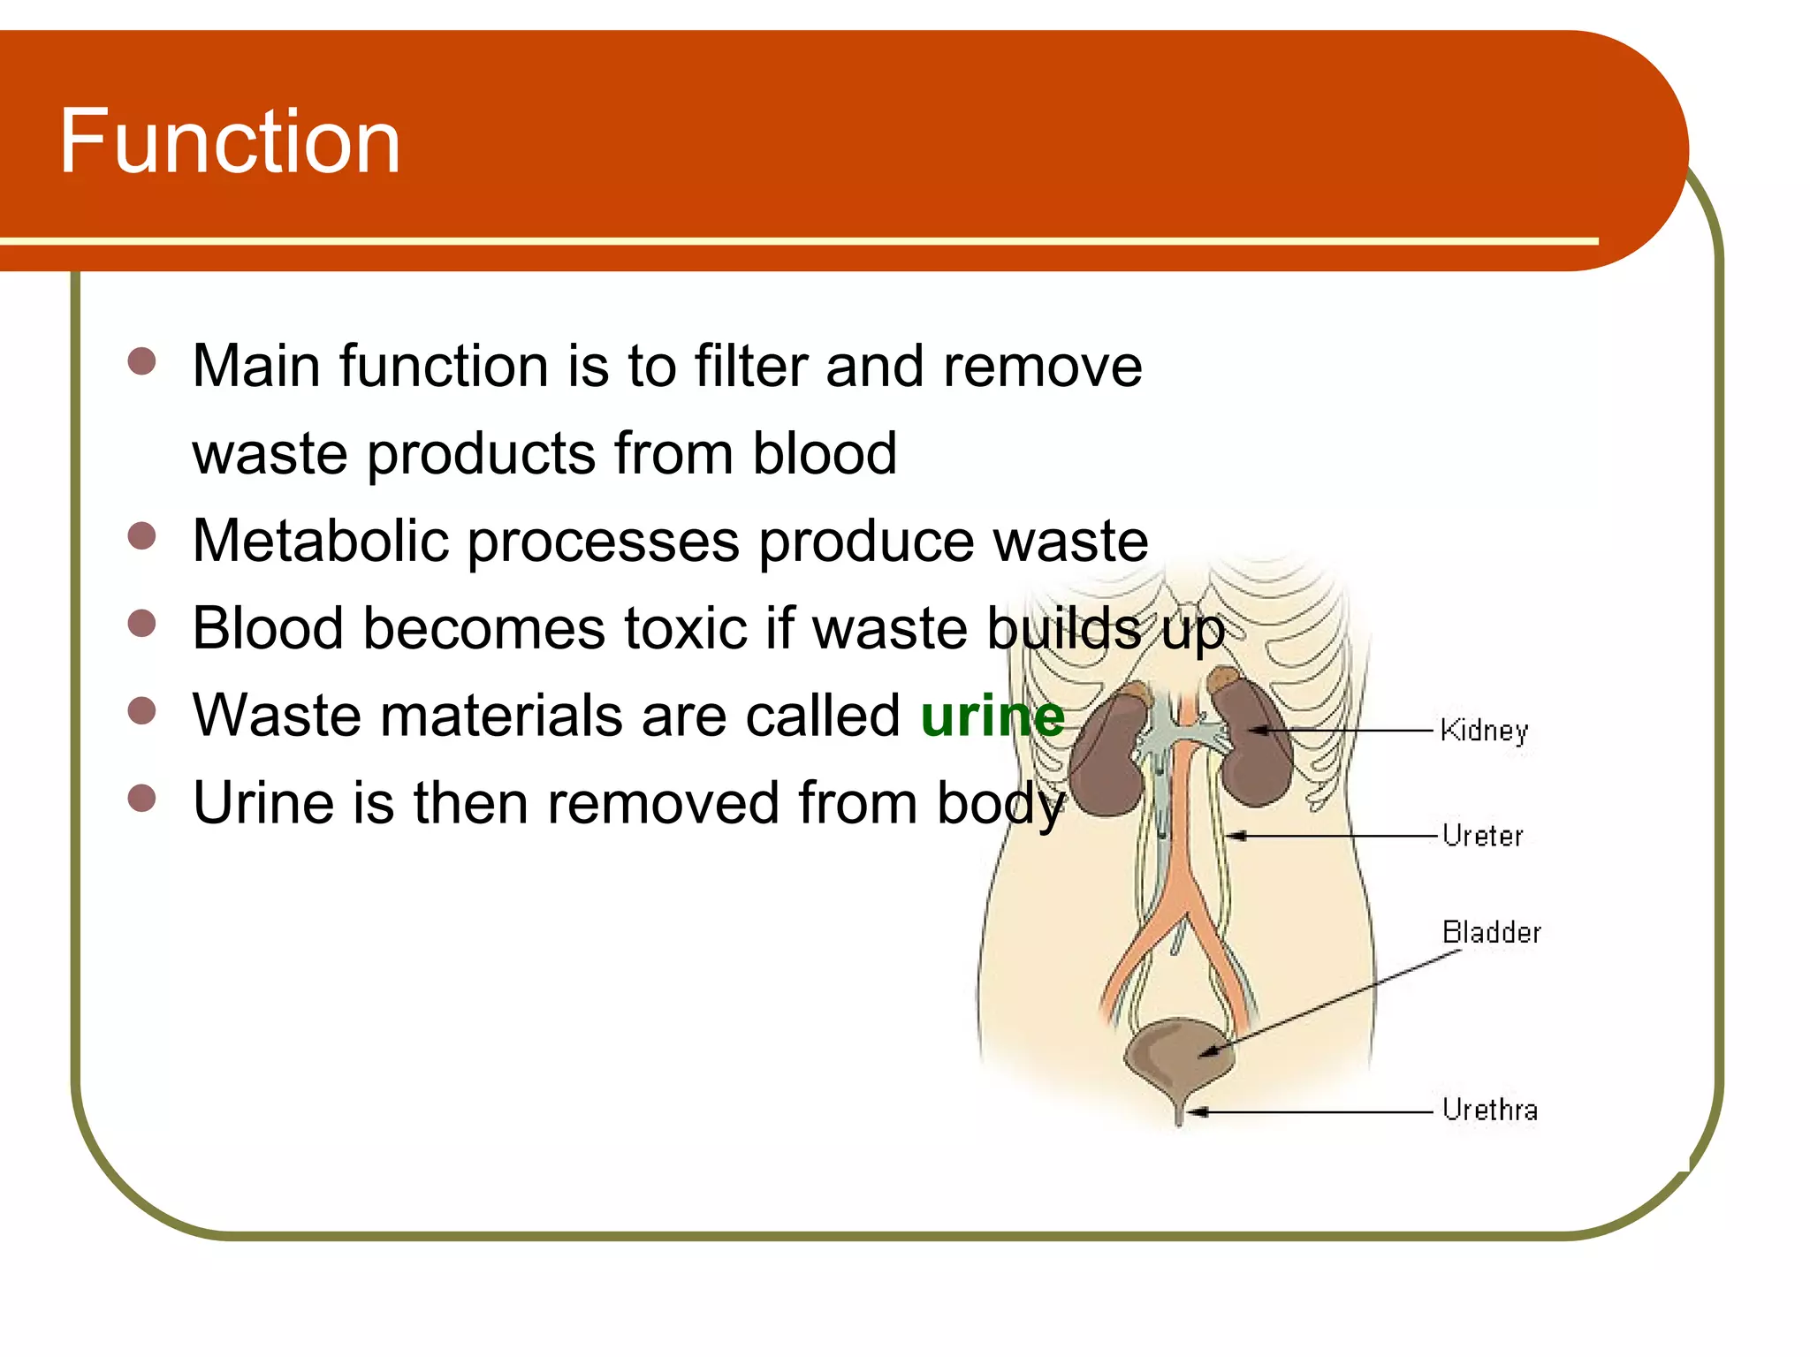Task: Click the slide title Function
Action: pos(230,141)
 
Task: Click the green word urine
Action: pos(992,716)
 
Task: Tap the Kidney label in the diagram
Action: pos(1484,731)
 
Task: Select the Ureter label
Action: pos(1482,836)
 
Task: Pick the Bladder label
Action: pos(1491,933)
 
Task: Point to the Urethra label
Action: pos(1489,1110)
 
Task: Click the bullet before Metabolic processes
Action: pos(141,536)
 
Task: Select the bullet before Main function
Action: pos(141,361)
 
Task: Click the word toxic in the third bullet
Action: pos(686,628)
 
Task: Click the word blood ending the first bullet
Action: pos(824,453)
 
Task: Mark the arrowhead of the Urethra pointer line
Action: pos(1196,1111)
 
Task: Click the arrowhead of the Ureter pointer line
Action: pos(1236,835)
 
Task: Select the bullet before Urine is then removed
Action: pos(141,799)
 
